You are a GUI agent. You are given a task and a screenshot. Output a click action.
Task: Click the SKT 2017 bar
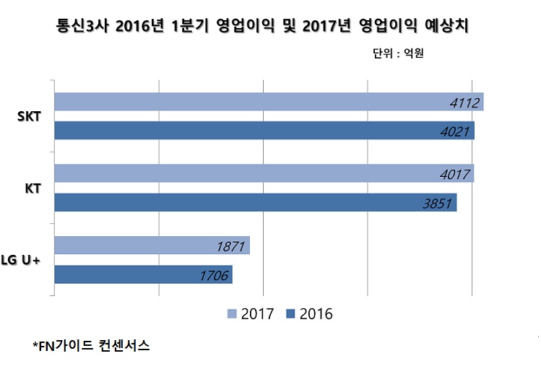pyautogui.click(x=267, y=102)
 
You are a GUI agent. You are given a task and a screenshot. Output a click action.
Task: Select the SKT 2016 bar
pyautogui.click(x=264, y=131)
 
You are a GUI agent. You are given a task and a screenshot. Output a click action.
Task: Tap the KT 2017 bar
pyautogui.click(x=264, y=173)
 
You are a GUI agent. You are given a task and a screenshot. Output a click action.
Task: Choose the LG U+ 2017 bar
pyautogui.click(x=152, y=246)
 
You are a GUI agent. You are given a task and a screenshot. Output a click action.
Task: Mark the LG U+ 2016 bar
pyautogui.click(x=142, y=274)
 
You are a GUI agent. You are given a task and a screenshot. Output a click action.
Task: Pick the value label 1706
pyautogui.click(x=214, y=275)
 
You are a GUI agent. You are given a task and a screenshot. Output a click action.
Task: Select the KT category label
pyautogui.click(x=33, y=188)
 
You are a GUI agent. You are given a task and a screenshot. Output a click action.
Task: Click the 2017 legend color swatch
pyautogui.click(x=232, y=314)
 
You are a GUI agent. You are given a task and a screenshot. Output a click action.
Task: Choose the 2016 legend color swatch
pyautogui.click(x=291, y=314)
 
